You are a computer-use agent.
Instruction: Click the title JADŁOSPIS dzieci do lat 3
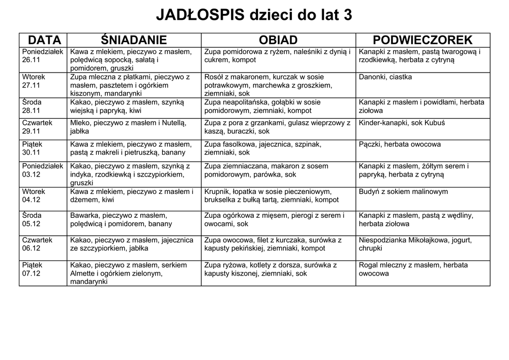pyautogui.click(x=254, y=15)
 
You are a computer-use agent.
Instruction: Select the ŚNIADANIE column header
pyautogui.click(x=134, y=40)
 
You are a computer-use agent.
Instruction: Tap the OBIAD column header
pyautogui.click(x=278, y=40)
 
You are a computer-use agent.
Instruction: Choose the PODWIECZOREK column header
pyautogui.click(x=423, y=40)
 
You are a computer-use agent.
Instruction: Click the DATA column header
pyautogui.click(x=44, y=40)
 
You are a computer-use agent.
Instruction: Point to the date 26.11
pyautogui.click(x=31, y=60)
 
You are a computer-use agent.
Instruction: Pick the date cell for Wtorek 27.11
pyautogui.click(x=43, y=85)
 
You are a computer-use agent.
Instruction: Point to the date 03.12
pyautogui.click(x=31, y=175)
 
